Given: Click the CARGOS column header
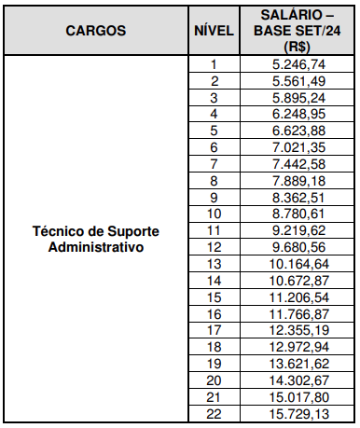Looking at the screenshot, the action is tap(96, 30).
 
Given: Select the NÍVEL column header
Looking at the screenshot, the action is tap(213, 30).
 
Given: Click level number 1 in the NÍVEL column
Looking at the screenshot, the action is tap(213, 64).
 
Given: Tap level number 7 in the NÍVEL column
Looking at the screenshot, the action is tap(213, 164).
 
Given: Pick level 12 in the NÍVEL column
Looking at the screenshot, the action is tap(213, 247).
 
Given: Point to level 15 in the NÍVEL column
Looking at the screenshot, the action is tap(213, 297).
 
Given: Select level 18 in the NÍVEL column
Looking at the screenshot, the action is tap(213, 347).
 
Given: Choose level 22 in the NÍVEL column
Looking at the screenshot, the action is tap(213, 413).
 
